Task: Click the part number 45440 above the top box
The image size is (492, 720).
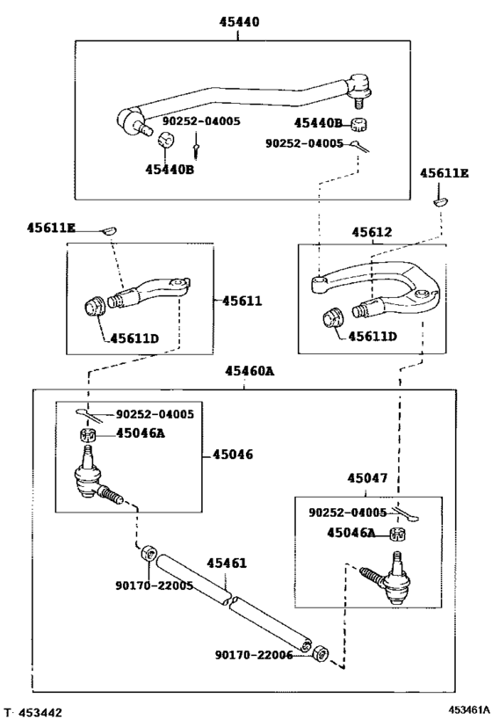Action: [x=240, y=22]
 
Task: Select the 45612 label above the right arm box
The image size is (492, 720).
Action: [x=372, y=232]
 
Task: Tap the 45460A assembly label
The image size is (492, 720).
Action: [x=250, y=372]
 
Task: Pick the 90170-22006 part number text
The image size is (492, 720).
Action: [x=255, y=654]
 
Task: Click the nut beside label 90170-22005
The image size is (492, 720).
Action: [x=149, y=555]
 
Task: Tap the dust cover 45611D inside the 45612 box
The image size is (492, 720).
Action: [x=333, y=317]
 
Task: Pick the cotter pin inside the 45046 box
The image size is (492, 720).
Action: [x=90, y=413]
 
